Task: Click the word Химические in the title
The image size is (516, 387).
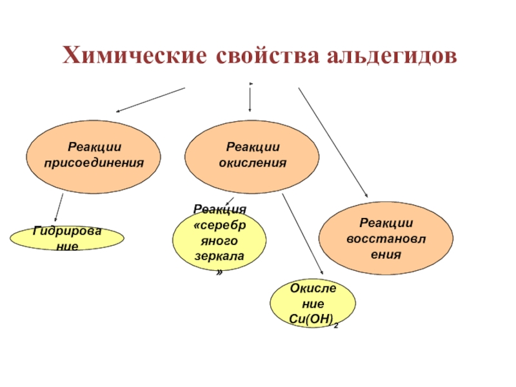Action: pyautogui.click(x=133, y=55)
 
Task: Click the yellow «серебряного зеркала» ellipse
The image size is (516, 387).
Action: pyautogui.click(x=219, y=243)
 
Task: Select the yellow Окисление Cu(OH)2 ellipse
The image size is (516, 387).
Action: pyautogui.click(x=312, y=303)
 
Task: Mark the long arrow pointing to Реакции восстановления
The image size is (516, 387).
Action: pyautogui.click(x=332, y=142)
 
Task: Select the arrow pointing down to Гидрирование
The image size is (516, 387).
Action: pyautogui.click(x=59, y=208)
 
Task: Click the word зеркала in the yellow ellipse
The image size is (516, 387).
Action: pyautogui.click(x=219, y=256)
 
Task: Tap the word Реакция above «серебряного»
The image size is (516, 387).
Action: pyautogui.click(x=219, y=210)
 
